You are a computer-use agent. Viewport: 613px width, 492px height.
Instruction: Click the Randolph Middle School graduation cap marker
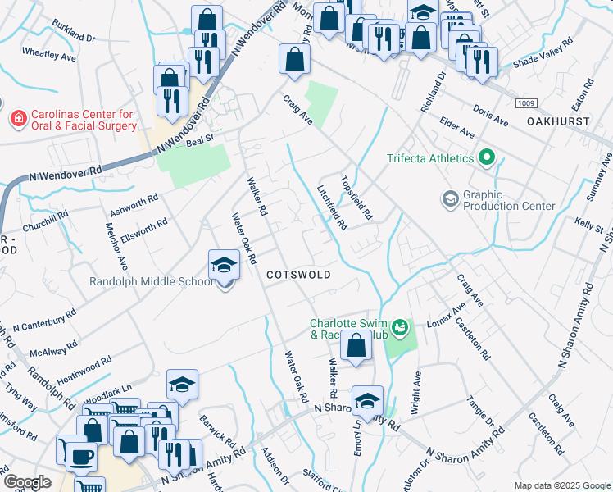pyautogui.click(x=223, y=265)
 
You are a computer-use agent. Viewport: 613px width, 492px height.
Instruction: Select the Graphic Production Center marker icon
pyautogui.click(x=450, y=198)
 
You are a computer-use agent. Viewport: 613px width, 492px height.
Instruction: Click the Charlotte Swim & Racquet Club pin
pyautogui.click(x=400, y=328)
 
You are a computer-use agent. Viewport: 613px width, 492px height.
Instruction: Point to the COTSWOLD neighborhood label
pyautogui.click(x=297, y=276)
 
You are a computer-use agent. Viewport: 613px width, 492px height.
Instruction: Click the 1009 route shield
pyautogui.click(x=526, y=102)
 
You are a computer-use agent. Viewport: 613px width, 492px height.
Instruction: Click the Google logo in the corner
pyautogui.click(x=27, y=483)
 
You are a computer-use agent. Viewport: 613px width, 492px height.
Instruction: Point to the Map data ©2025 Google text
pyautogui.click(x=562, y=485)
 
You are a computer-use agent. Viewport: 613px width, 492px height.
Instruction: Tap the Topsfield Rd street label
pyautogui.click(x=356, y=199)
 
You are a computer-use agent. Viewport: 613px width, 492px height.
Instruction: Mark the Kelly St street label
pyautogui.click(x=588, y=224)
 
